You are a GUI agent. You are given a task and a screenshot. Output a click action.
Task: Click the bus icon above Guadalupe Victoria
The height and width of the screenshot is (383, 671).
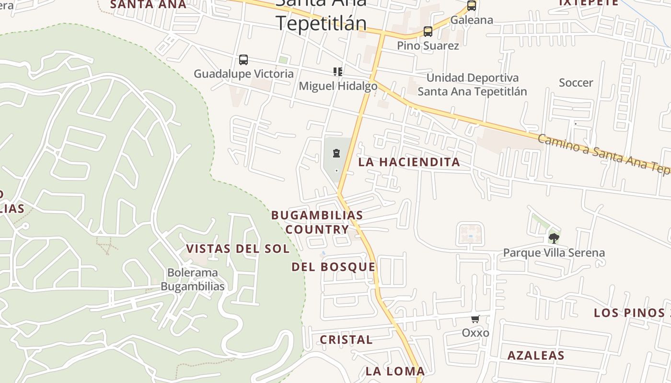tap(243, 60)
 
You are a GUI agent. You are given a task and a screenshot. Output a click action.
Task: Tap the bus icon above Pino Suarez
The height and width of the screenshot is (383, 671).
tap(428, 32)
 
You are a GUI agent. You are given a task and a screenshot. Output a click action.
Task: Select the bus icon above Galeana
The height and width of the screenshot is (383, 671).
tap(472, 6)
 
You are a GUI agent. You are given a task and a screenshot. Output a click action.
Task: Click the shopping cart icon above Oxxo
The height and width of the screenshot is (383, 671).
tap(475, 319)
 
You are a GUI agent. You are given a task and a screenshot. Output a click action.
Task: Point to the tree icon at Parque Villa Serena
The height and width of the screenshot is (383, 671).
tap(554, 238)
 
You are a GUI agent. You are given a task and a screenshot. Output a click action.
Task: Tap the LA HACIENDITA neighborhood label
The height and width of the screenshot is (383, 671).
tap(409, 162)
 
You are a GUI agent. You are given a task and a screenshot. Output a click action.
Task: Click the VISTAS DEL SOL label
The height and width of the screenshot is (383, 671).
tap(238, 249)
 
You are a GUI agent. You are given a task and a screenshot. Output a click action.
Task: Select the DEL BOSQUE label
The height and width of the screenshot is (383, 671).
tap(334, 267)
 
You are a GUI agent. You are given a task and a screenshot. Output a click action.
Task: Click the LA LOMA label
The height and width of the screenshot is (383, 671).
tap(395, 371)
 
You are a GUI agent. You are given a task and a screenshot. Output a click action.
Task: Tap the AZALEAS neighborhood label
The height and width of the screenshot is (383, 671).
tap(536, 356)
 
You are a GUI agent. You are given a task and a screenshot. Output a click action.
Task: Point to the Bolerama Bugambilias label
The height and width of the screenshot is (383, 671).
tap(193, 280)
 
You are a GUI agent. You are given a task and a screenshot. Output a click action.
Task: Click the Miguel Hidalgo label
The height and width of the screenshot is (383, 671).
tap(338, 86)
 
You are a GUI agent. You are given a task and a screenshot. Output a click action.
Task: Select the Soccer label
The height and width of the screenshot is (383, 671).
tap(576, 83)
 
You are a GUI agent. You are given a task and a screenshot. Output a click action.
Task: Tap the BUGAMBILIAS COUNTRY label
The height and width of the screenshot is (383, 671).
tap(317, 222)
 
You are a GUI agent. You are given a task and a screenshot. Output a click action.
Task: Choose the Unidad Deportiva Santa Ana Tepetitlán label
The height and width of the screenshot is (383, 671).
tap(472, 85)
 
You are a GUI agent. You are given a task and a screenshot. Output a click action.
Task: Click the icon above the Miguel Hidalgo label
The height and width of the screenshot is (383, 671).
tap(338, 72)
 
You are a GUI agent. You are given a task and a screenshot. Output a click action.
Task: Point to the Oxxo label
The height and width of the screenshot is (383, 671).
tap(475, 333)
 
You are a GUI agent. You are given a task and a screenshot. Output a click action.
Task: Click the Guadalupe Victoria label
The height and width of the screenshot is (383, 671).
tap(243, 74)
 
